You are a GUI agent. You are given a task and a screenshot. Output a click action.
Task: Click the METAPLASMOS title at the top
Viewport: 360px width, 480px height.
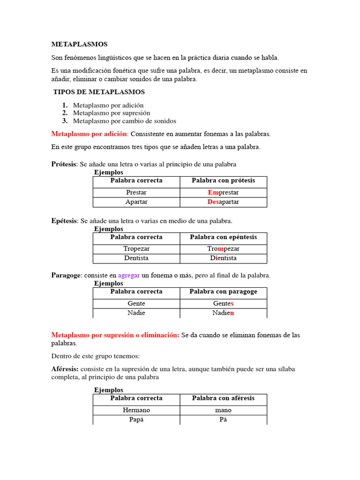point(79,44)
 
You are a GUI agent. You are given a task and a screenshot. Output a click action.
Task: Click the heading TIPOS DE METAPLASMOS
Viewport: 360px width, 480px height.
point(99,92)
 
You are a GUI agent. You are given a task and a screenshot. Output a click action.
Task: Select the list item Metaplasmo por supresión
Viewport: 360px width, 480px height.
point(111,113)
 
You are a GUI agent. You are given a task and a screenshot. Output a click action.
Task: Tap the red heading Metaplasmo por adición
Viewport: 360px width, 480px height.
point(89,134)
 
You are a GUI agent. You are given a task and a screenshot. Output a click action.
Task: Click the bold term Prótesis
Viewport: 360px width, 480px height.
point(64,164)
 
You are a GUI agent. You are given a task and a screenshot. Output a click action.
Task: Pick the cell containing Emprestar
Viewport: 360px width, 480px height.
point(223,193)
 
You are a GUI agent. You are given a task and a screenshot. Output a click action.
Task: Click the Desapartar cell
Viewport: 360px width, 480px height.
point(223,202)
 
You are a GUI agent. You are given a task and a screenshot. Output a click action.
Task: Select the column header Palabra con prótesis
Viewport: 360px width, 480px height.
point(223,181)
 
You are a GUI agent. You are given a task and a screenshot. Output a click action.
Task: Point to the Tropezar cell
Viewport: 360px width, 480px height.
point(136,249)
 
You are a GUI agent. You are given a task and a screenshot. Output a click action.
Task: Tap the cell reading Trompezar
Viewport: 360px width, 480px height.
point(223,249)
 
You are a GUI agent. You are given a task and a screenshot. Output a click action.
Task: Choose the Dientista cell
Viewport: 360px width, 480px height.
point(223,258)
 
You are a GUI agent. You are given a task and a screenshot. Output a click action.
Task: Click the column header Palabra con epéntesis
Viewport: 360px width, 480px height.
point(223,237)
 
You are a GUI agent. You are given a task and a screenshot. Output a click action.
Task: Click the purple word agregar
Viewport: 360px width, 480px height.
point(129,276)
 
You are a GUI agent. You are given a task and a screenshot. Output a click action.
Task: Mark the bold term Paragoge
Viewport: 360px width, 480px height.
point(66,276)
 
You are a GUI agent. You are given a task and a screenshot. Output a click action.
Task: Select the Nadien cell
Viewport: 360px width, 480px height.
point(223,313)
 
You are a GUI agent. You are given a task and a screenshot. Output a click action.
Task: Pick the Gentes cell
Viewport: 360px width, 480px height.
point(223,304)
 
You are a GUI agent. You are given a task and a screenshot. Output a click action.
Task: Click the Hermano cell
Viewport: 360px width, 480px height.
point(136,410)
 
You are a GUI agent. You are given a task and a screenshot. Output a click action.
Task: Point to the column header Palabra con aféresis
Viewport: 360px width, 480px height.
point(223,398)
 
